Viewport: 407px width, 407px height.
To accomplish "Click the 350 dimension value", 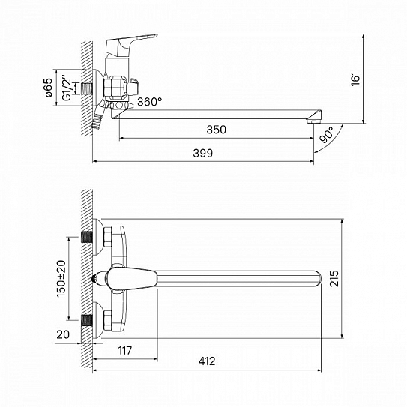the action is click(x=216, y=130).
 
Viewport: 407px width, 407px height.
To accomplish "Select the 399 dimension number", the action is click(x=202, y=153).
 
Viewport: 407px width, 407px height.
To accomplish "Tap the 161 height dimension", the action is click(x=355, y=79).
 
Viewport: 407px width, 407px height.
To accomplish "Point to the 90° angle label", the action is click(x=327, y=135).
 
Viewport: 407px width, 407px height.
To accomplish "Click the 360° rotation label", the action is click(x=149, y=102).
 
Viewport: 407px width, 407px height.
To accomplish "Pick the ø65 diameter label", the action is click(x=49, y=88).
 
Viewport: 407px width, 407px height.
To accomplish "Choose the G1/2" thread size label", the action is click(x=67, y=88).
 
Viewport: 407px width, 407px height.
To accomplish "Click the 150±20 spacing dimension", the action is click(x=61, y=279).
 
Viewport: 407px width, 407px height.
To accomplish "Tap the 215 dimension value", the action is click(x=334, y=278).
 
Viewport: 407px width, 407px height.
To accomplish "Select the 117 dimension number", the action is click(x=125, y=351).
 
